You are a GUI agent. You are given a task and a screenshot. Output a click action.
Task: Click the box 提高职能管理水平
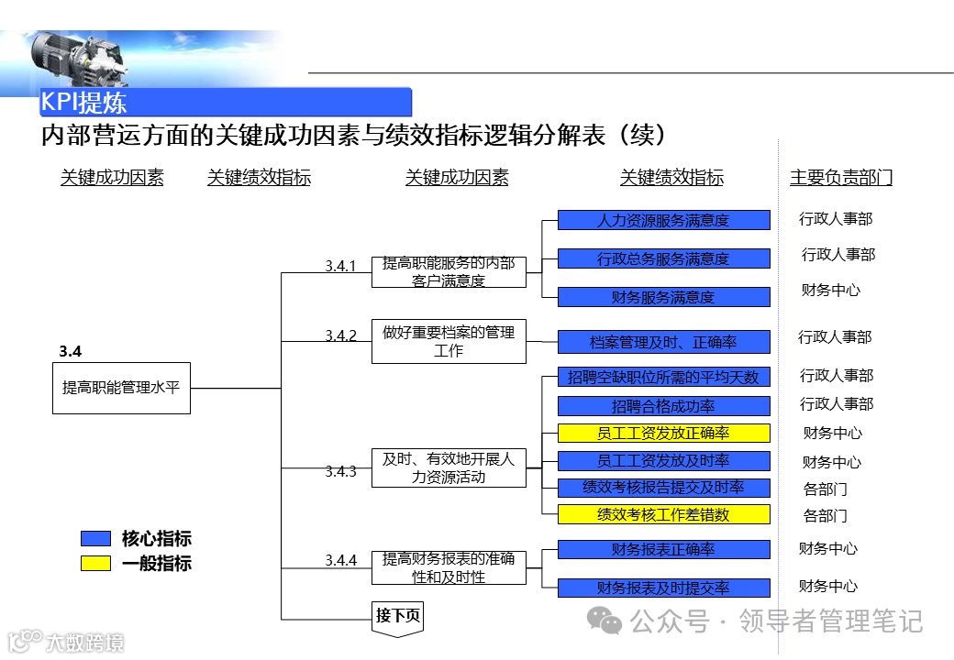(x=121, y=388)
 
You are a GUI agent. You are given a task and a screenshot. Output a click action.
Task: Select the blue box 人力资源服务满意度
(x=663, y=220)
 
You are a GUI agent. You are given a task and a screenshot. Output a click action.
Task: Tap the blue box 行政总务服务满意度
(x=663, y=258)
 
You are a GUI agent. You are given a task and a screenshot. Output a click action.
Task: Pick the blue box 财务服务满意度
(x=663, y=297)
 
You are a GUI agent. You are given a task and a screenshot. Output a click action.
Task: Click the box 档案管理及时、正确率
(x=663, y=342)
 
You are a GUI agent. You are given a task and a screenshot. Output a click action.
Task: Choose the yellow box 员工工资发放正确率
(x=663, y=433)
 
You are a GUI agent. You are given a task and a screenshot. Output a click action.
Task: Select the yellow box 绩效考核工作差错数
(x=663, y=514)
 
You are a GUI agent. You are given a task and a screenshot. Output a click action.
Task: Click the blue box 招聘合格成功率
(x=663, y=405)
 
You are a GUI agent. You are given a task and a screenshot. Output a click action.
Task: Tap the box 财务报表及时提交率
(x=663, y=588)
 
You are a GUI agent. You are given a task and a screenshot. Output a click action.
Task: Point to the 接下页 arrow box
(x=397, y=616)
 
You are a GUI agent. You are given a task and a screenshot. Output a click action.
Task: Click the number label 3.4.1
(x=340, y=266)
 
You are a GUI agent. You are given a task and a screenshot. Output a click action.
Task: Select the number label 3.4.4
(x=340, y=560)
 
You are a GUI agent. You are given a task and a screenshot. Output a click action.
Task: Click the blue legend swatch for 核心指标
(x=95, y=539)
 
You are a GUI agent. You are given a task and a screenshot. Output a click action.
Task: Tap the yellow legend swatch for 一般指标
(x=95, y=564)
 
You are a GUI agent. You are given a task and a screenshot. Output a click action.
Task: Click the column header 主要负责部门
(x=840, y=178)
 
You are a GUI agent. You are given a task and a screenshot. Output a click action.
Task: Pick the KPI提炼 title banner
(x=226, y=102)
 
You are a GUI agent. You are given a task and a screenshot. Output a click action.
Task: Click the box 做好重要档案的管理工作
(x=449, y=341)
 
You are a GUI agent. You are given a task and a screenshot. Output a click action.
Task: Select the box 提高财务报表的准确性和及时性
(x=449, y=568)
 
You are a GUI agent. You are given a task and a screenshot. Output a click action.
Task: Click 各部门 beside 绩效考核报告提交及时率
(x=825, y=489)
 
